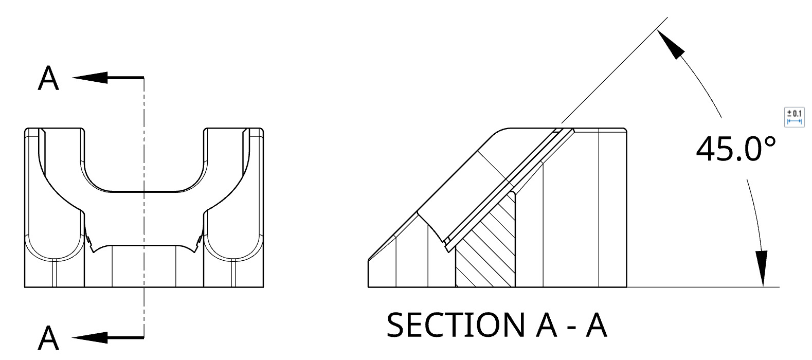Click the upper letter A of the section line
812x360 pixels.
pos(49,79)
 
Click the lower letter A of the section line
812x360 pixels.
pos(49,337)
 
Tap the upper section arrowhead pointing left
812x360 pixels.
pos(90,78)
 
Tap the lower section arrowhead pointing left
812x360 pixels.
pos(90,337)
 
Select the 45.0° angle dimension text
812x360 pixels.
pos(735,149)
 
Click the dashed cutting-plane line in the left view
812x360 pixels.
pos(144,216)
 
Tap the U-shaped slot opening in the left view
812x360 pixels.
pos(143,159)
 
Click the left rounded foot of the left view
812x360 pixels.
pos(54,257)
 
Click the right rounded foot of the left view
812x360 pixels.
pos(234,257)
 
